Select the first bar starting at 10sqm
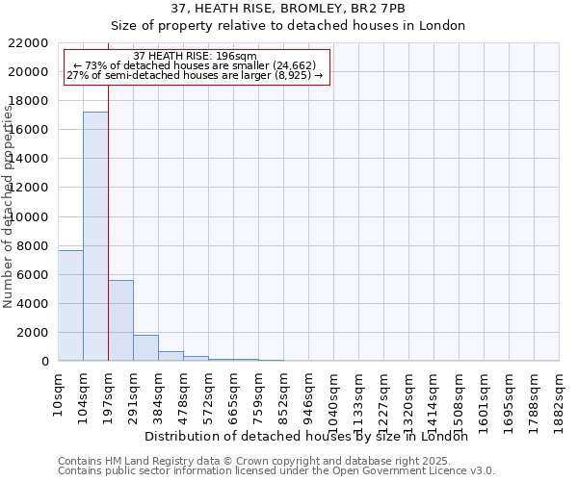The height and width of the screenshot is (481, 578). (x=70, y=305)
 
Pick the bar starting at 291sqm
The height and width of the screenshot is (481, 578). (x=145, y=347)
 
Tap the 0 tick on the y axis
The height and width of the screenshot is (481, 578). (x=45, y=362)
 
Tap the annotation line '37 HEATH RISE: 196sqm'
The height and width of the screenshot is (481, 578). (x=196, y=57)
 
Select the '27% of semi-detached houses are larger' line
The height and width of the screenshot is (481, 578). (x=197, y=76)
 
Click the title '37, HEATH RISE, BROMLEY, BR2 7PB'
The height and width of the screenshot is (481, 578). (x=288, y=8)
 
